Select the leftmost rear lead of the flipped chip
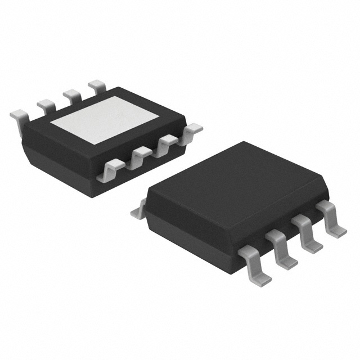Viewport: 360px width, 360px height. pos(19,116)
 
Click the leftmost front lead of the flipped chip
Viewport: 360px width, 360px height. pos(110,168)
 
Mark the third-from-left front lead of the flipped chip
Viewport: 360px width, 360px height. pos(165,143)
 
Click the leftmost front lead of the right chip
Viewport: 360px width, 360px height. pos(255,264)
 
